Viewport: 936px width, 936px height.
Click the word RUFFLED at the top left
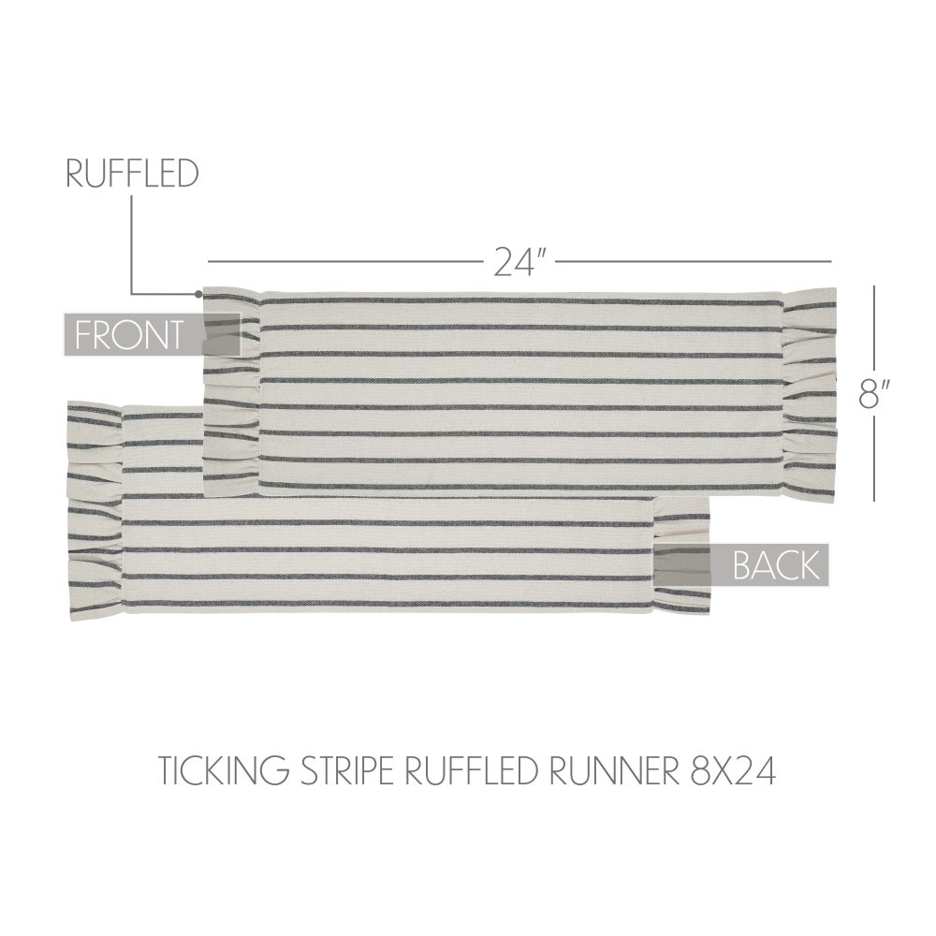[x=132, y=174]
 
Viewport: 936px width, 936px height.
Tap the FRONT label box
[x=153, y=334]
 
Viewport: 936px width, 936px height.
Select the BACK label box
[x=741, y=564]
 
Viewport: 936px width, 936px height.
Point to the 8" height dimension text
[x=874, y=394]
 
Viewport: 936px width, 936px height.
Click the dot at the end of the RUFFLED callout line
[x=198, y=294]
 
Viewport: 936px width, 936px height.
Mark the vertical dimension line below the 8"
[x=874, y=458]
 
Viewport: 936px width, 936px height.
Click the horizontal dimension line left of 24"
[x=345, y=261]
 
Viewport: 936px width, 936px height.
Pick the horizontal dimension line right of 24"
[x=694, y=261]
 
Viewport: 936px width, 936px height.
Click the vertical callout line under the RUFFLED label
[x=132, y=245]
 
